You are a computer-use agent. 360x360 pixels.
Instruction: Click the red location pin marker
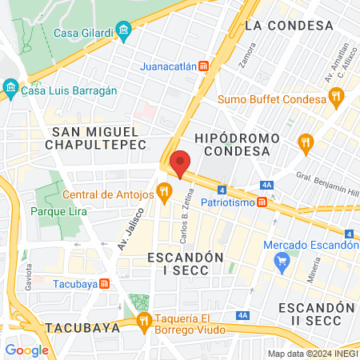click(x=181, y=162)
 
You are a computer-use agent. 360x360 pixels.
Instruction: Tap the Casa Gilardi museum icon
click(x=123, y=33)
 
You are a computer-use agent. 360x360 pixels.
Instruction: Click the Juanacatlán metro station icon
click(x=205, y=66)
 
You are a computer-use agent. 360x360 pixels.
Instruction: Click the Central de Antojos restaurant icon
click(x=164, y=190)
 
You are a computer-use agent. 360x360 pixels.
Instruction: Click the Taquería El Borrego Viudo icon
click(x=144, y=322)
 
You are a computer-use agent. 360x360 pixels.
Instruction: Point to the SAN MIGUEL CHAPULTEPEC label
click(x=88, y=137)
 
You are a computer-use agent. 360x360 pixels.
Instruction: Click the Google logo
click(x=26, y=350)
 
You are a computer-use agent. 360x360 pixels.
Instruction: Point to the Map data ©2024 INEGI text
click(x=312, y=354)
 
